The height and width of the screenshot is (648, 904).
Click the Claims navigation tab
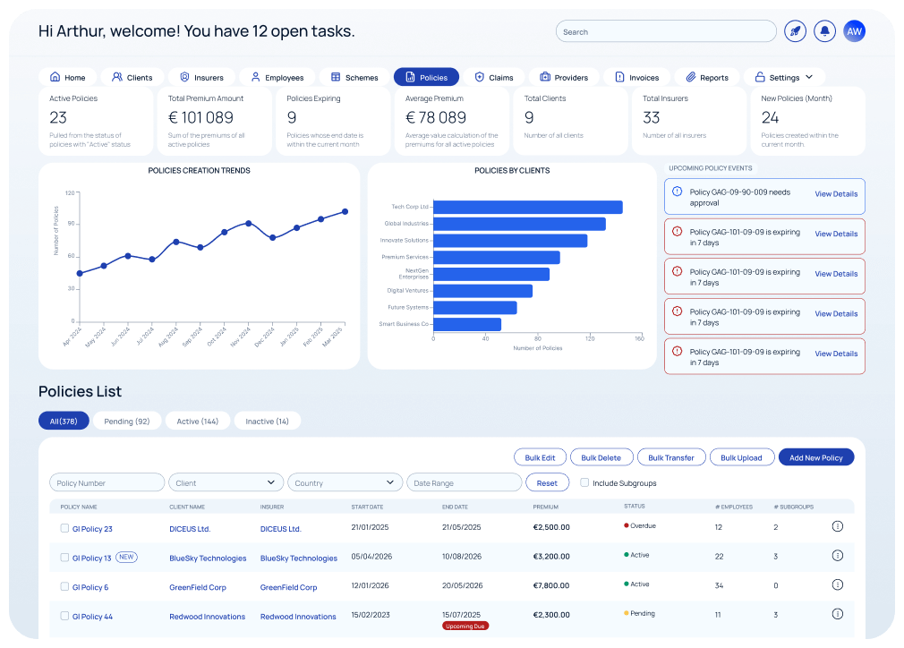click(x=493, y=77)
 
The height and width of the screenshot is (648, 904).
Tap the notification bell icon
click(x=824, y=31)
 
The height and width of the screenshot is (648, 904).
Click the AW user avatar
click(x=855, y=31)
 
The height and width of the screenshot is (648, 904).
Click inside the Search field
click(x=666, y=31)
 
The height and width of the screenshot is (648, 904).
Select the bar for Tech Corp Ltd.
click(x=527, y=207)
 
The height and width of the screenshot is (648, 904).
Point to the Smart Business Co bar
click(x=466, y=324)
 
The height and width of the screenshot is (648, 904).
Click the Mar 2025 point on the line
click(x=345, y=212)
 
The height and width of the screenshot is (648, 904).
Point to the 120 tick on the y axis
click(x=70, y=192)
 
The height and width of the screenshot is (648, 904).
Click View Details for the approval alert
click(x=835, y=194)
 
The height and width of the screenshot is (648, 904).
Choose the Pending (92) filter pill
click(x=126, y=421)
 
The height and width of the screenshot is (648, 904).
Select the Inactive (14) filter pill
click(x=267, y=421)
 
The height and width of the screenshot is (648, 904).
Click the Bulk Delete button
click(x=601, y=457)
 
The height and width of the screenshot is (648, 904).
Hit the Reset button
click(x=547, y=482)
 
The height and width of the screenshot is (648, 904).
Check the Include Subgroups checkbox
click(x=584, y=482)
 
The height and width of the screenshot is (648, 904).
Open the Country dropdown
click(x=345, y=482)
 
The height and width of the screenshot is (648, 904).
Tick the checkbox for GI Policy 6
click(x=64, y=586)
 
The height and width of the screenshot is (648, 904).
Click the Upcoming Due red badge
click(x=465, y=626)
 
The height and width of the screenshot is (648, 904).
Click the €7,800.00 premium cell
click(x=551, y=586)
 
